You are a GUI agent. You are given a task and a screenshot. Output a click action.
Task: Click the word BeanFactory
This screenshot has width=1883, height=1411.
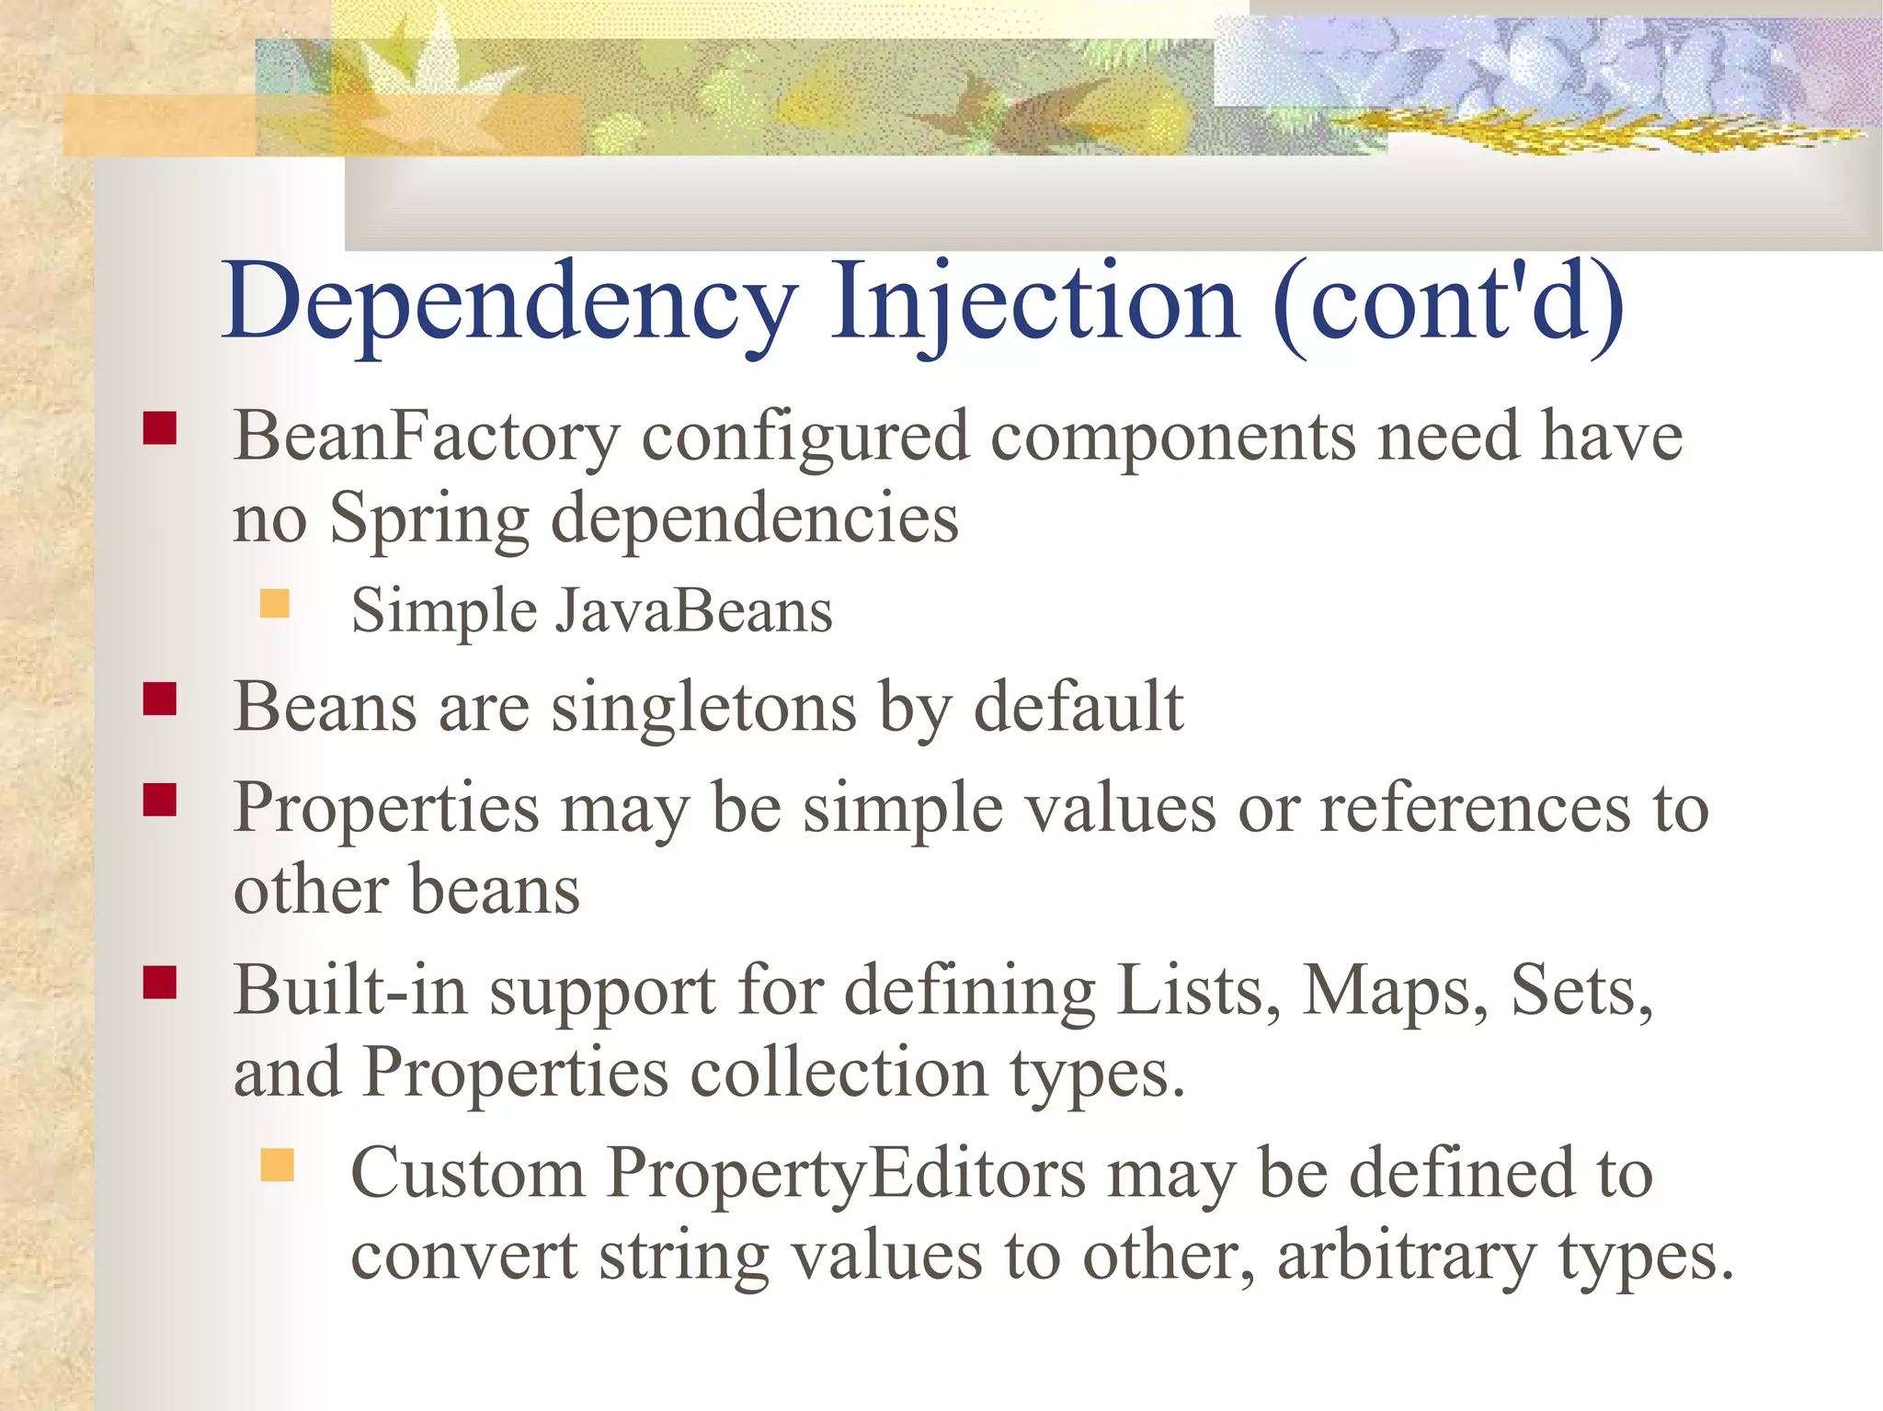(427, 438)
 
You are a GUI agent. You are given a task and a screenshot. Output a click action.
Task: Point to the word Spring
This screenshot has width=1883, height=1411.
(428, 520)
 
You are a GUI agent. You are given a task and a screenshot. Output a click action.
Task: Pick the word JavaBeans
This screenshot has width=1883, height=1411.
(693, 612)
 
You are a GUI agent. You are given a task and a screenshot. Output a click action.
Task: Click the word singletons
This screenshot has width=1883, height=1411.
(703, 709)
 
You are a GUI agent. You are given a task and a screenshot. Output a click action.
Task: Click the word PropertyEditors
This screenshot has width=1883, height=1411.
(847, 1175)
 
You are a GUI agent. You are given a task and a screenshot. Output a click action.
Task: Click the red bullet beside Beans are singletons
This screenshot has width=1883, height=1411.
(160, 700)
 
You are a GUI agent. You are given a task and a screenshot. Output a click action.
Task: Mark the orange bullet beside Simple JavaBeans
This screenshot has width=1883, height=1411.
(275, 604)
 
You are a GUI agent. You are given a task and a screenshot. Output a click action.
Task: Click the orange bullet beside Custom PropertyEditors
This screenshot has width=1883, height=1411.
(277, 1165)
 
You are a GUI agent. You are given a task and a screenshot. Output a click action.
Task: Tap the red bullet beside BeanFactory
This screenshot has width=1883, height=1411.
(160, 428)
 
